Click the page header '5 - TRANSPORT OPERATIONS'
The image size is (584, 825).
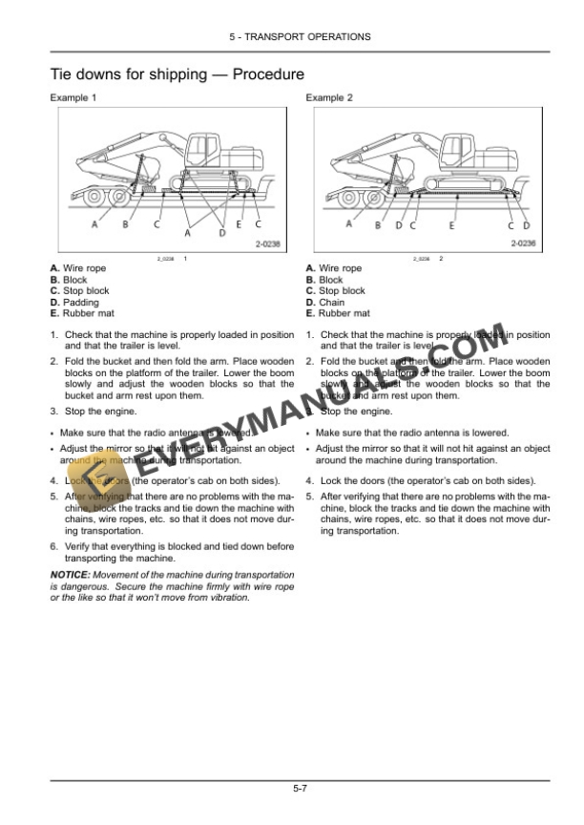pos(300,36)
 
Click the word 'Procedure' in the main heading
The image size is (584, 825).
pos(268,74)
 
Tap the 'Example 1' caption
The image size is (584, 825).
pos(73,98)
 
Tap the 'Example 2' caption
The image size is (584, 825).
pos(329,98)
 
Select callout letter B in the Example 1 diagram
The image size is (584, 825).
pos(125,225)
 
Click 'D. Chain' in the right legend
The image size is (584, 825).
pos(325,302)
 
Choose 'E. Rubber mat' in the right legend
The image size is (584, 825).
pos(338,313)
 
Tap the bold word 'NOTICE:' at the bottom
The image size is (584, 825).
pos(69,575)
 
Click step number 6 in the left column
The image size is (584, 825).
pos(53,546)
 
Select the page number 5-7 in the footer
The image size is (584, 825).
pos(300,788)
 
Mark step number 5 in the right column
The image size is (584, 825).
pos(309,497)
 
